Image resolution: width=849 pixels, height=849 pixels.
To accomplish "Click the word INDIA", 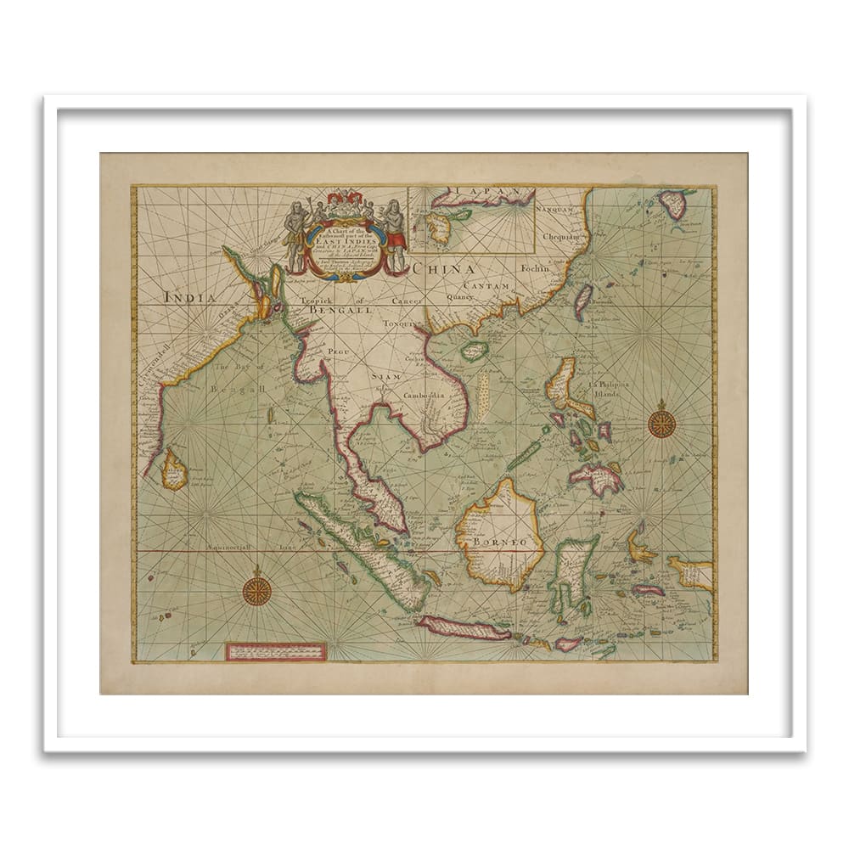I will pos(188,296).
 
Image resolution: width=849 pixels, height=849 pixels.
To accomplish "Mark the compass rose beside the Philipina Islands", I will pos(661,422).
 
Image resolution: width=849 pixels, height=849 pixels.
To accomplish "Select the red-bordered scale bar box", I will pos(276,651).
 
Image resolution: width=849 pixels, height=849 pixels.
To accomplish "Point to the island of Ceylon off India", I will pos(175,469).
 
